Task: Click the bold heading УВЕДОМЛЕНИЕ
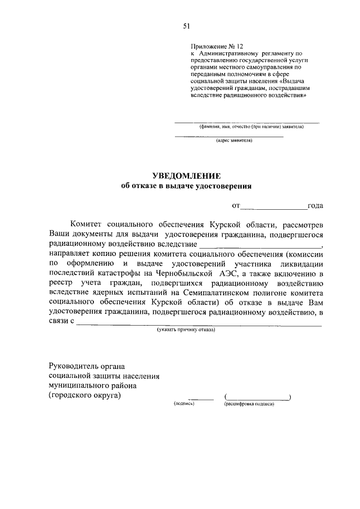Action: [x=187, y=175]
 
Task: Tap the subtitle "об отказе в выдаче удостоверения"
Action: [x=187, y=186]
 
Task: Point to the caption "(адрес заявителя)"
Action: [x=229, y=142]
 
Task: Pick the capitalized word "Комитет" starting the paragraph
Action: [x=87, y=224]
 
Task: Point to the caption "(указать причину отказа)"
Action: [x=186, y=331]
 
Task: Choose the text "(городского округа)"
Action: [x=84, y=396]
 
